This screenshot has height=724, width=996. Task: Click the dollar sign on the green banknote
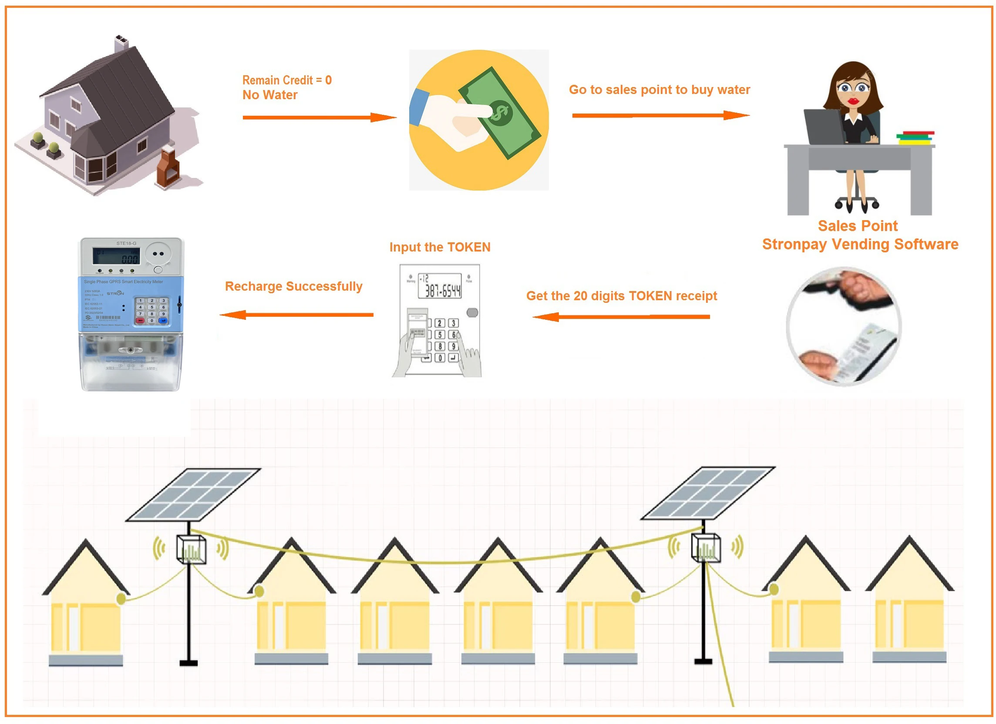click(x=499, y=112)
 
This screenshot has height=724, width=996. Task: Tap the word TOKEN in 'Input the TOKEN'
click(x=468, y=247)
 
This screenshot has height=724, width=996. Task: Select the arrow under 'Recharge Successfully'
click(x=296, y=315)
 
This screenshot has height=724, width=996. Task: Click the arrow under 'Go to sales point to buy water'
click(x=660, y=115)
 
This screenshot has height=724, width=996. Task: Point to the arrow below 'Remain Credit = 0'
click(x=319, y=117)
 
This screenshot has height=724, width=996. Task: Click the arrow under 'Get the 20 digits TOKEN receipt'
click(x=621, y=317)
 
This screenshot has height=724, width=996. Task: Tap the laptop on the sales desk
click(x=824, y=127)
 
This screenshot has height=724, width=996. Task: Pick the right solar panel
click(x=708, y=493)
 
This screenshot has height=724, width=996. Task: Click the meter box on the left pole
click(x=191, y=549)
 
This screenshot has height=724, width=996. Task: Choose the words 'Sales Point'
click(x=857, y=226)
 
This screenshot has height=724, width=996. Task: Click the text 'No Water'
click(x=269, y=95)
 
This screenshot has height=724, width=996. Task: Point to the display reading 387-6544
click(x=440, y=286)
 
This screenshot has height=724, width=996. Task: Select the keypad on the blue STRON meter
click(x=151, y=310)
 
